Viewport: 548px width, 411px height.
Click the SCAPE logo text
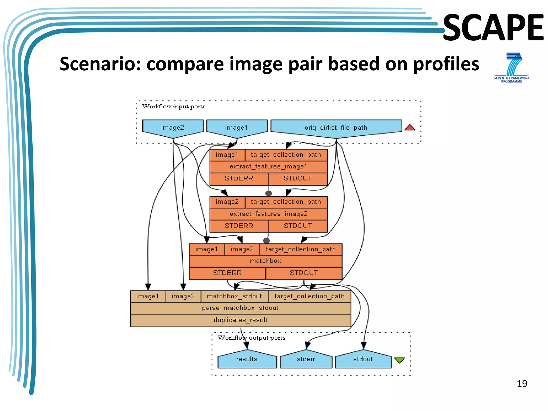pos(493,28)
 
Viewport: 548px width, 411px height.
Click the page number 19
pos(522,384)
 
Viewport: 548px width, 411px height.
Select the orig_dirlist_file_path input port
pos(336,127)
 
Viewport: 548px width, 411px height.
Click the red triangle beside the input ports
pos(410,128)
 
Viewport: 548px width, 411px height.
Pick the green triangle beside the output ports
pos(399,360)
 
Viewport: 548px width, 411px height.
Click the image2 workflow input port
pos(173,127)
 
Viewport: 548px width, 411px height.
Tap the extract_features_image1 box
pos(268,166)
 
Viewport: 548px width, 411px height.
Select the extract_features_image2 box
pos(268,214)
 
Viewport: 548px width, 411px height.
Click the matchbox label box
pos(265,261)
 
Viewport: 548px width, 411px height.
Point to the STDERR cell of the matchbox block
pos(227,273)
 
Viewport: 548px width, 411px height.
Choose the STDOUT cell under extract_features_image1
pos(298,178)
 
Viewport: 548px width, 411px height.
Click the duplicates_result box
pos(240,320)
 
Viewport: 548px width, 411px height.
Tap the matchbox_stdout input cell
pos(234,296)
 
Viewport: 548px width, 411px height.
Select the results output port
pos(247,359)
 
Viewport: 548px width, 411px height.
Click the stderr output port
pos(306,359)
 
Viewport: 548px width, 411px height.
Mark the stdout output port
pos(363,359)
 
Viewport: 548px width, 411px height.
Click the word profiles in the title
pos(446,64)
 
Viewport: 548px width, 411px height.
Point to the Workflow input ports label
pos(174,106)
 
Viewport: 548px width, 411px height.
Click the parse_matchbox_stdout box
pos(240,308)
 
